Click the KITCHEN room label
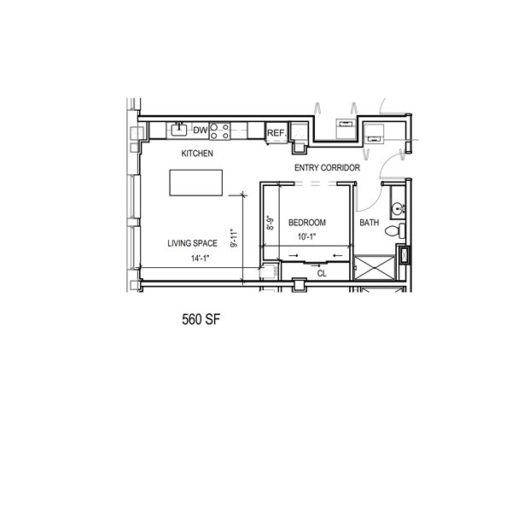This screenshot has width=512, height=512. coord(197,154)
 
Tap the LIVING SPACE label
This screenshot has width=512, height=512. coord(192,243)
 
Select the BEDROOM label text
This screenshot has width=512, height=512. coord(307,223)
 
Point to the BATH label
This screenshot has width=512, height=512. coord(369,223)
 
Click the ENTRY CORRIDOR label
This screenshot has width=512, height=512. coord(327,168)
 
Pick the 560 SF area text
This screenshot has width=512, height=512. coord(201,319)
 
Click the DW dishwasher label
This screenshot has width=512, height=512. coord(201,131)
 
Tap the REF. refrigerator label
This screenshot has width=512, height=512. coord(276,133)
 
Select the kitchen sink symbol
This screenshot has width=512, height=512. coord(179,130)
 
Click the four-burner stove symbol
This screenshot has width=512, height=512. coord(220,131)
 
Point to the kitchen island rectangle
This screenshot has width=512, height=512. coord(196,183)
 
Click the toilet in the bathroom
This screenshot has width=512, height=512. coord(395,231)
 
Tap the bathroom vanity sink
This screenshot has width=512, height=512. coord(398,207)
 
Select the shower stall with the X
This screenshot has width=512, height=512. coord(375,268)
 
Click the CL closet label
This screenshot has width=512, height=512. coord(322,274)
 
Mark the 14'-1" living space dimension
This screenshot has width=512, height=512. coord(200,259)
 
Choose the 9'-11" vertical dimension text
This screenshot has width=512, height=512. coord(235,238)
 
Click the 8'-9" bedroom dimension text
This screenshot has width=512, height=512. coord(271,223)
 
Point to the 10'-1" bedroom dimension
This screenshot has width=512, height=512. coord(307,236)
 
